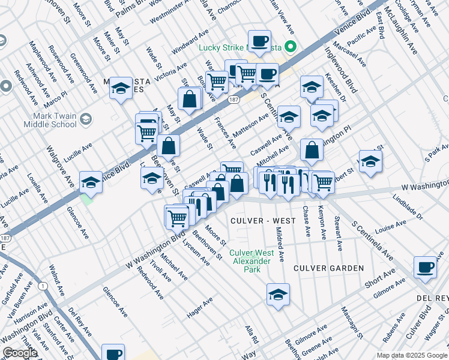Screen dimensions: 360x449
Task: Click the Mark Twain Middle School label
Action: [x=50, y=119]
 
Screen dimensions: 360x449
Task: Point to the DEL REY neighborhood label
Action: [x=433, y=298]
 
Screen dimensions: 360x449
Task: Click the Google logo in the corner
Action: [x=20, y=353]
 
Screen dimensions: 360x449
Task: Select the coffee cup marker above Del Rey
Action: [x=426, y=268]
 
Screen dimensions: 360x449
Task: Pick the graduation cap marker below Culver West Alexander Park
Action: [x=279, y=295]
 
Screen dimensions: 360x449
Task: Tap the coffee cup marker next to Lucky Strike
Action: [x=259, y=41]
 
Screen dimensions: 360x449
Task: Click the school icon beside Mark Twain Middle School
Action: [x=85, y=119]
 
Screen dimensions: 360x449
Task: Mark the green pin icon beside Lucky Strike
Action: [x=291, y=46]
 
